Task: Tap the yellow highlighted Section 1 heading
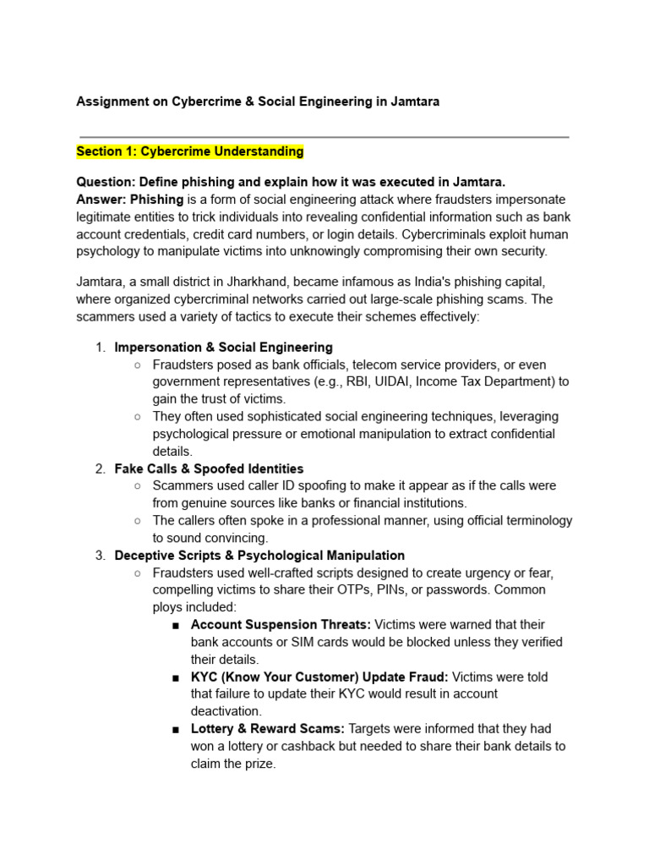tap(189, 151)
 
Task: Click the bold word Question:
tap(106, 182)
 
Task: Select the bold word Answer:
tap(101, 200)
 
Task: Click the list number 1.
tap(99, 348)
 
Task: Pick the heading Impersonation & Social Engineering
tap(223, 348)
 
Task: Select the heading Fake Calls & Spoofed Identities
tap(209, 469)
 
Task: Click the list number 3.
tap(99, 556)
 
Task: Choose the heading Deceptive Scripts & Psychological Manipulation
tap(259, 556)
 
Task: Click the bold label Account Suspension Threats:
tap(281, 624)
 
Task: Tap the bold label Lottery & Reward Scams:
tap(267, 728)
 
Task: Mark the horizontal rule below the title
tap(324, 136)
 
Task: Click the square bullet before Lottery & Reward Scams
tap(175, 729)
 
